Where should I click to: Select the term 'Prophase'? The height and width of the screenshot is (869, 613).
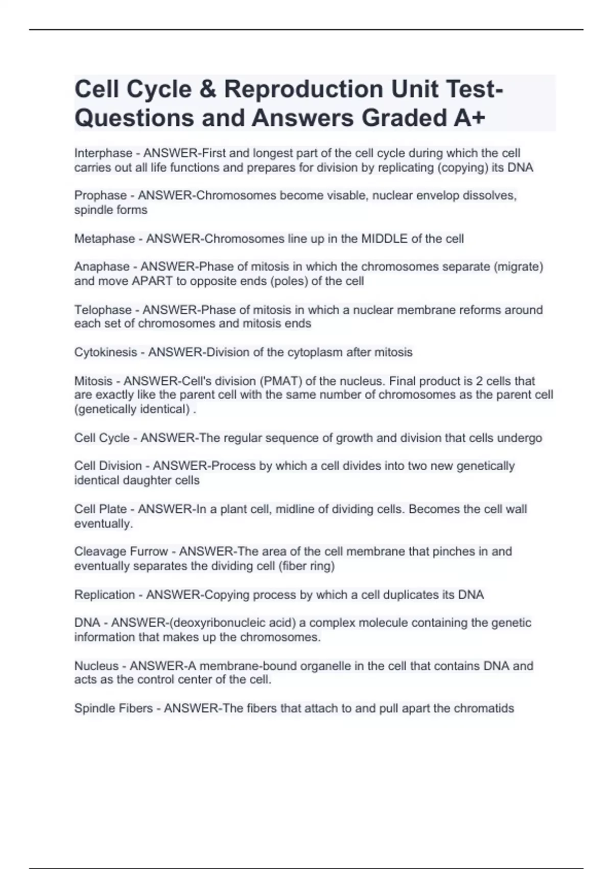101,196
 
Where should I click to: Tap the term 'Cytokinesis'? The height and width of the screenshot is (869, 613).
106,352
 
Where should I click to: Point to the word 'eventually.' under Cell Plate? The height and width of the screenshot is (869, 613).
103,524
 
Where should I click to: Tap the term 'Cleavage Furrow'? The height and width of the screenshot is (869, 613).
121,552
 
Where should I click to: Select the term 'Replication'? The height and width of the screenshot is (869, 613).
105,595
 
